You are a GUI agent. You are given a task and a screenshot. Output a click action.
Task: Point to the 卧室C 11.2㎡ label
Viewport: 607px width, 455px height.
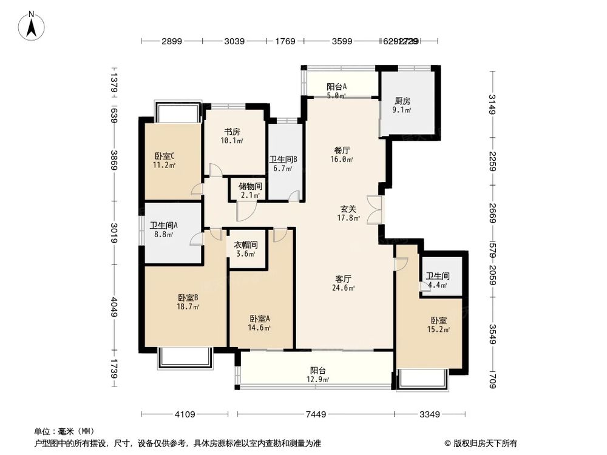tap(164, 160)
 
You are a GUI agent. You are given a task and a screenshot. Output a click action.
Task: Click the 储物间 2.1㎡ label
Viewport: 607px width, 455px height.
tap(249, 190)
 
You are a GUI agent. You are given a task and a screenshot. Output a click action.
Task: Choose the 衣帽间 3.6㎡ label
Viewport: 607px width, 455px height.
tap(246, 249)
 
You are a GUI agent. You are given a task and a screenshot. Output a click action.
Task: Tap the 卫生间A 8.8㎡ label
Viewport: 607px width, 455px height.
tap(164, 229)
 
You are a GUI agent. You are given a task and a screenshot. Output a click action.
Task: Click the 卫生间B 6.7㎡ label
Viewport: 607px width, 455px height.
tap(283, 164)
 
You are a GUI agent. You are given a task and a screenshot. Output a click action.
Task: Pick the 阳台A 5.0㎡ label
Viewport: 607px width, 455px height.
tap(336, 90)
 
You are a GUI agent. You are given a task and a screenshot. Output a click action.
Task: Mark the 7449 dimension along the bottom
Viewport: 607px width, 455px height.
tap(316, 414)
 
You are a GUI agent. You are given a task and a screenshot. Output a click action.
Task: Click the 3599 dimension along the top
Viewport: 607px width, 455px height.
tap(342, 41)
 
